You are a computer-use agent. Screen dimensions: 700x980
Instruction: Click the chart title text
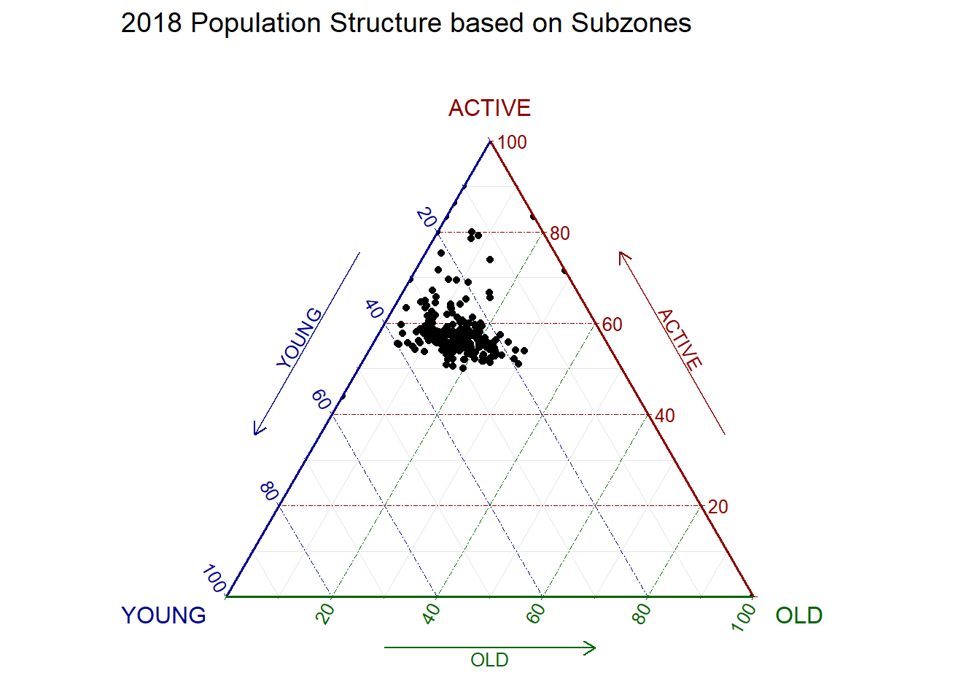405,23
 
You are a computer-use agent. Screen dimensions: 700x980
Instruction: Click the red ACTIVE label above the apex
489,108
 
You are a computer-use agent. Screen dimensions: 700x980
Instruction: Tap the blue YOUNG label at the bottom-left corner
163,615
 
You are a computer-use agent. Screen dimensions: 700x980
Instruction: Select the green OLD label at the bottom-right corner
798,615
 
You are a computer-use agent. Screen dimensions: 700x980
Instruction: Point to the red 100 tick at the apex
512,142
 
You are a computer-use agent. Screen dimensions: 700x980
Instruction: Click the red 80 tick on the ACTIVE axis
560,233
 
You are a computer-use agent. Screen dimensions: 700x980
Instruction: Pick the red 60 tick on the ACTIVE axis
612,324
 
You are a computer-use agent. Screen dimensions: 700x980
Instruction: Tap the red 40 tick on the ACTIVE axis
665,416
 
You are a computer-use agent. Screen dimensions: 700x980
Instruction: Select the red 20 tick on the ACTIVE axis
717,507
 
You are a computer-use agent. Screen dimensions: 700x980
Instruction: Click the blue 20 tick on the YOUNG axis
427,217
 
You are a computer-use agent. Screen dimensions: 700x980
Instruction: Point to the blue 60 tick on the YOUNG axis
321,400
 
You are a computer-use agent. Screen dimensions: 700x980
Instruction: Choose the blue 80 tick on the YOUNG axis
269,491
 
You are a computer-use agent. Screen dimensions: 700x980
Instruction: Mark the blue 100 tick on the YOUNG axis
214,579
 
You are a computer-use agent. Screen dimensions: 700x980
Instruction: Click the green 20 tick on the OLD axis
327,614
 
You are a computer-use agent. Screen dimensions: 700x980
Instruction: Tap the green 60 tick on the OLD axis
537,614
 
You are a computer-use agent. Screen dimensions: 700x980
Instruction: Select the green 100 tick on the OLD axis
744,616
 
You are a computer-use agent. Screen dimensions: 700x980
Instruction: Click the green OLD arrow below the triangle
489,647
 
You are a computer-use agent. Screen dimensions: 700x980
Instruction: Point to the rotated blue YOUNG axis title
299,338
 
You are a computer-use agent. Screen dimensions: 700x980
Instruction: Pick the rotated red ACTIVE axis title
680,339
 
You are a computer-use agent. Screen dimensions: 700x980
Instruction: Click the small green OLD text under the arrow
489,661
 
